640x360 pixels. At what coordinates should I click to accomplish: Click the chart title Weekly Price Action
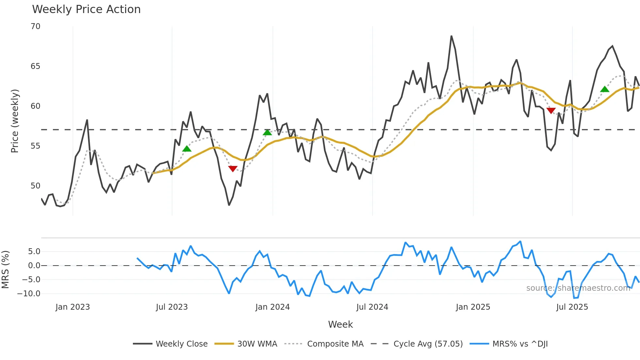point(86,9)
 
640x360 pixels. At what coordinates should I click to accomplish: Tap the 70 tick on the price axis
point(36,26)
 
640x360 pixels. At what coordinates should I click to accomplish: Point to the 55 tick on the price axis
point(36,146)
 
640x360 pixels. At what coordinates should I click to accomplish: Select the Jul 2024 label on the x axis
point(372,307)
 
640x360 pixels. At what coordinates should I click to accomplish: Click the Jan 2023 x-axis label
point(72,307)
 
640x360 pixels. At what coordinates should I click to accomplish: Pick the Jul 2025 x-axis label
point(572,307)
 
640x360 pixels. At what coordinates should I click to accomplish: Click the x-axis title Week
point(340,324)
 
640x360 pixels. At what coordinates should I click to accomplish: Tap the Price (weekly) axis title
point(15,121)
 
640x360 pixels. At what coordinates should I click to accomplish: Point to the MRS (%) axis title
point(5,270)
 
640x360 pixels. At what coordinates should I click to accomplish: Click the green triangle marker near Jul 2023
point(187,149)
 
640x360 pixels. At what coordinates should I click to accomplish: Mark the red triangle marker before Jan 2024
point(233,169)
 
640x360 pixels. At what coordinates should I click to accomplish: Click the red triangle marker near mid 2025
point(551,110)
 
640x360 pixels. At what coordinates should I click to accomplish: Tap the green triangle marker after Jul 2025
point(605,89)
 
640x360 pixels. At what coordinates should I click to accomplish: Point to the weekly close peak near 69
point(451,36)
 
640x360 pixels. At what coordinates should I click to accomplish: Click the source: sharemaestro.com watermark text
point(578,288)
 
